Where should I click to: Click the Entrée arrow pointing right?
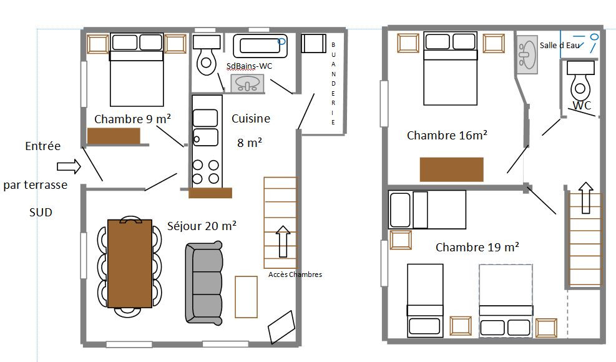pos(69,166)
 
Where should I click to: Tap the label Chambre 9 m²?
pos(132,119)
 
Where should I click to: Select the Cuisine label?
pos(251,118)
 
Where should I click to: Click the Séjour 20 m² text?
pos(202,226)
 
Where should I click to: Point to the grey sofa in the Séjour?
pos(204,283)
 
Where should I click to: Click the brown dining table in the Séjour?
pos(130,264)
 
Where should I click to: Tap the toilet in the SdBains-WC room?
pos(207,56)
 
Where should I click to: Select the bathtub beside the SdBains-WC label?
pos(260,46)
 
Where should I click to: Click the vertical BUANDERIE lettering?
pos(333,83)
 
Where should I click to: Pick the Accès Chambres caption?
pos(295,274)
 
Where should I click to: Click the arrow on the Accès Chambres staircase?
pos(283,241)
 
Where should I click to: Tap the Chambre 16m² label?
pos(447,135)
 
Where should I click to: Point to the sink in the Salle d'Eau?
pos(527,54)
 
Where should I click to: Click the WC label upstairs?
pos(582,106)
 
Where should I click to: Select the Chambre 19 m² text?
pos(477,247)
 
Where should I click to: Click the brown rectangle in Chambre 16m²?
pos(451,169)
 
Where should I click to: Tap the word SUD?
pos(41,213)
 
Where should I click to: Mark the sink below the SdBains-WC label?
pos(247,84)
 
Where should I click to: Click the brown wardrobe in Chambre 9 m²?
pos(114,136)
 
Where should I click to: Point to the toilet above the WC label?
pos(580,81)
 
